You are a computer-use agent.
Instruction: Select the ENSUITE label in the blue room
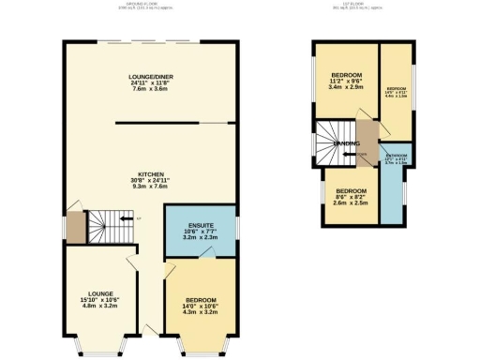tap(201, 226)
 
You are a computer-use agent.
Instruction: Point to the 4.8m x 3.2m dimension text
tap(98, 307)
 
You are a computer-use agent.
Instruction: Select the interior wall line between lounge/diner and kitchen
tap(173, 123)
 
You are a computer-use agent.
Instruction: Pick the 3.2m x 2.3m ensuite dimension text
tap(201, 238)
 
